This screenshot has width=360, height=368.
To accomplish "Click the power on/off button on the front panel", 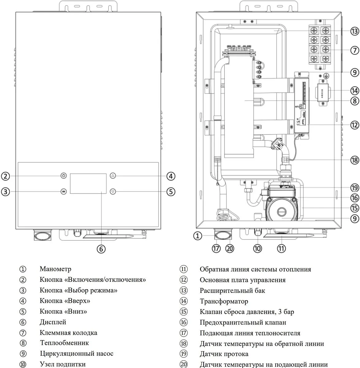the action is click(64, 176).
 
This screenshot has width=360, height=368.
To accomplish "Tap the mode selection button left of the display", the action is click(64, 192).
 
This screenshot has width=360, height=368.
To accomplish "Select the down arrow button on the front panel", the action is click(113, 192).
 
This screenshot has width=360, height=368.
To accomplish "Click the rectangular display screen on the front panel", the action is click(88, 183).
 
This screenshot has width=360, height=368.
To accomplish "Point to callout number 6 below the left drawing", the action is click(101, 249).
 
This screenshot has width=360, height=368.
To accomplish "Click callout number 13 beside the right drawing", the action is click(355, 31).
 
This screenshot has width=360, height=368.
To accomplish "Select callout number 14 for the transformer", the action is click(355, 90).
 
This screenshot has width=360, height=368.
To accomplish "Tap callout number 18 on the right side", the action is click(355, 160).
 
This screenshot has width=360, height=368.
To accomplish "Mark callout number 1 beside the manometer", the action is click(197, 236).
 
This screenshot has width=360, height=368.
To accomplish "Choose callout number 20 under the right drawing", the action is click(230, 248).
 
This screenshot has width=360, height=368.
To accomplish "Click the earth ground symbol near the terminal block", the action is click(327, 76).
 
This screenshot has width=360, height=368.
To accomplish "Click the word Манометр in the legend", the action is click(56, 269).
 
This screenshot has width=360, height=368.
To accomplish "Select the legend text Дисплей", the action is click(53, 322).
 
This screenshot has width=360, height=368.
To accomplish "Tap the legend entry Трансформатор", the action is click(224, 301).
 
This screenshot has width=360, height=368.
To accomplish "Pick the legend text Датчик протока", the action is click(224, 354).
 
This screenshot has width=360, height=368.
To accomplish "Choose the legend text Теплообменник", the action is click(64, 343).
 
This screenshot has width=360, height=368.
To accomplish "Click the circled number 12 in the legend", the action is click(184, 280).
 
